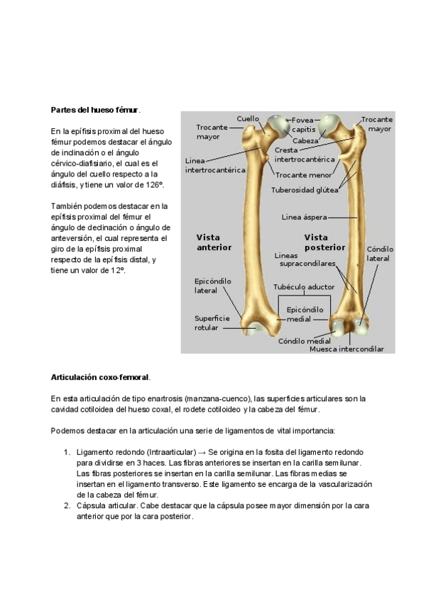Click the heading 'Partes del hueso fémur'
click(95, 110)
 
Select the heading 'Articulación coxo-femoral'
click(100, 377)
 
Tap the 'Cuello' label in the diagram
click(248, 118)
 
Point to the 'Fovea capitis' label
click(304, 125)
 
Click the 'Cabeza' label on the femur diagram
click(305, 141)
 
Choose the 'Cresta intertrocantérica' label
click(305, 155)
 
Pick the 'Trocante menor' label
click(303, 174)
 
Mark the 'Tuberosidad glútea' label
click(305, 190)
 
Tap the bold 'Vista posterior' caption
click(324, 242)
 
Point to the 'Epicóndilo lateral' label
click(213, 286)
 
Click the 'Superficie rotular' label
click(212, 323)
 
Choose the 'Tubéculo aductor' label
click(304, 287)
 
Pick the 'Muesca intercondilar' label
click(346, 349)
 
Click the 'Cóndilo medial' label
click(304, 340)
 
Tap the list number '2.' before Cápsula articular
click(67, 506)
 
